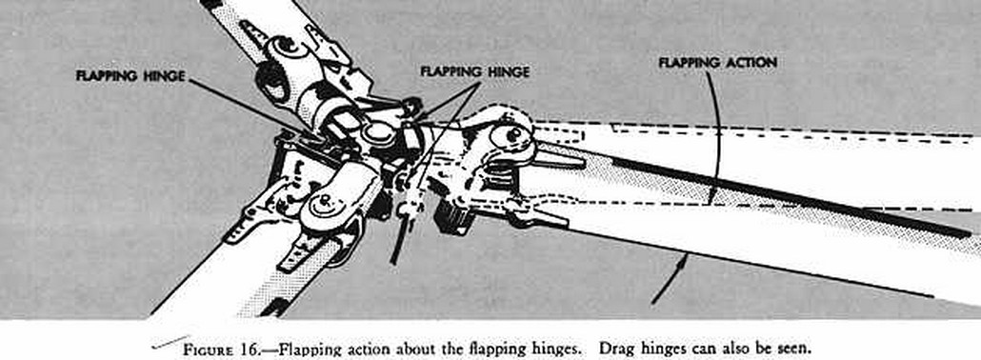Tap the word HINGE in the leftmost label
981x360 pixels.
coord(164,76)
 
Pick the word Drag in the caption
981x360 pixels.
coord(613,349)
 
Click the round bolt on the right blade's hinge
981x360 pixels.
coord(512,134)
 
